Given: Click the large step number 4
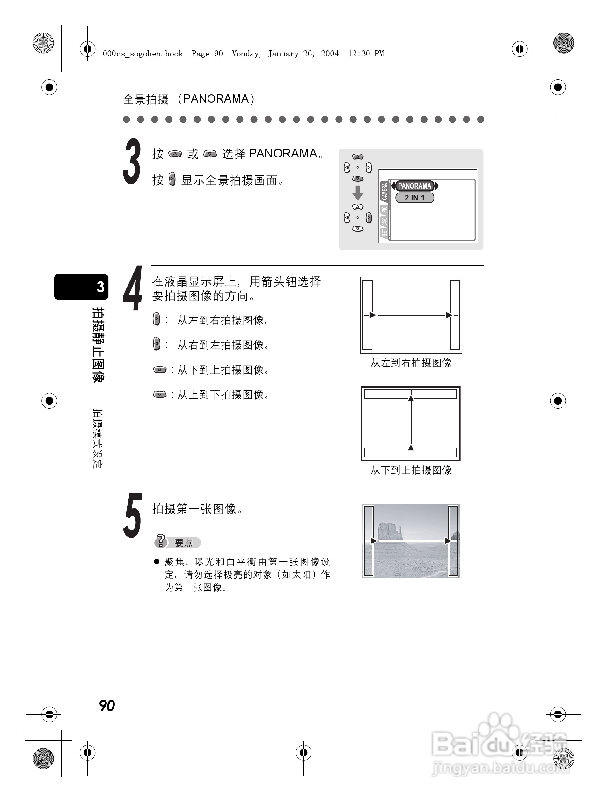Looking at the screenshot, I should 132,288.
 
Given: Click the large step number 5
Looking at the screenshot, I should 132,515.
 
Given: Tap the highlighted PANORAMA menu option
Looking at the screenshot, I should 414,186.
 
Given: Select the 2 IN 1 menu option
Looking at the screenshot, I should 414,198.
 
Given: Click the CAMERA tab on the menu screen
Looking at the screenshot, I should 384,192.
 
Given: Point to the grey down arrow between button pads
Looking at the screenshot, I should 358,193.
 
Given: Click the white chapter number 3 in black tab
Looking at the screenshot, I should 100,287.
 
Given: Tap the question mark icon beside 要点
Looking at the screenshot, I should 161,541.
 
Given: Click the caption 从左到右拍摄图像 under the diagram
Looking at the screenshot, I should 411,363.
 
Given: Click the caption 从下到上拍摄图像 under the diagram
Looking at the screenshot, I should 411,470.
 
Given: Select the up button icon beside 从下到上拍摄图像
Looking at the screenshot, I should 159,370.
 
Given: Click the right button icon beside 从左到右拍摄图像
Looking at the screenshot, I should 156,319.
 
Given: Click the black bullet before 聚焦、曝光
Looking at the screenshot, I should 157,562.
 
